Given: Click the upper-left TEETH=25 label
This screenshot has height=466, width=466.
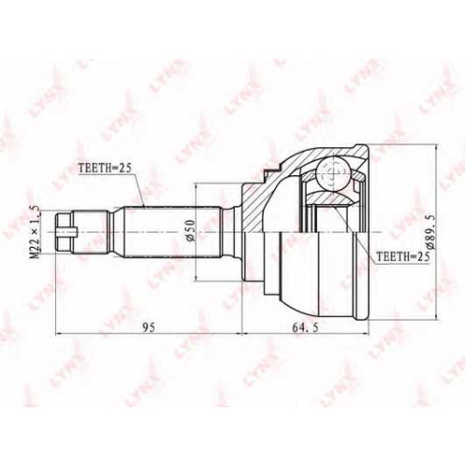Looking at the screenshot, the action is [105, 168].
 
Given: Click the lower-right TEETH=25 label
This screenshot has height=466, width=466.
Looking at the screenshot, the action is [403, 256].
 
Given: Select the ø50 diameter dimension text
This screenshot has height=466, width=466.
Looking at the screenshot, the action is [190, 230].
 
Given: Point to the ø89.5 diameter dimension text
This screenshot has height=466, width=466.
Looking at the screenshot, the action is [432, 232].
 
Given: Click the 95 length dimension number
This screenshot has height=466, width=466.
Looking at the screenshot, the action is [148, 327].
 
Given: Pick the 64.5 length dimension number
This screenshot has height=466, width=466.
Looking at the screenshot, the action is [305, 327].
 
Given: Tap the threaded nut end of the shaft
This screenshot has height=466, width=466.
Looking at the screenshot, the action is [65, 232].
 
